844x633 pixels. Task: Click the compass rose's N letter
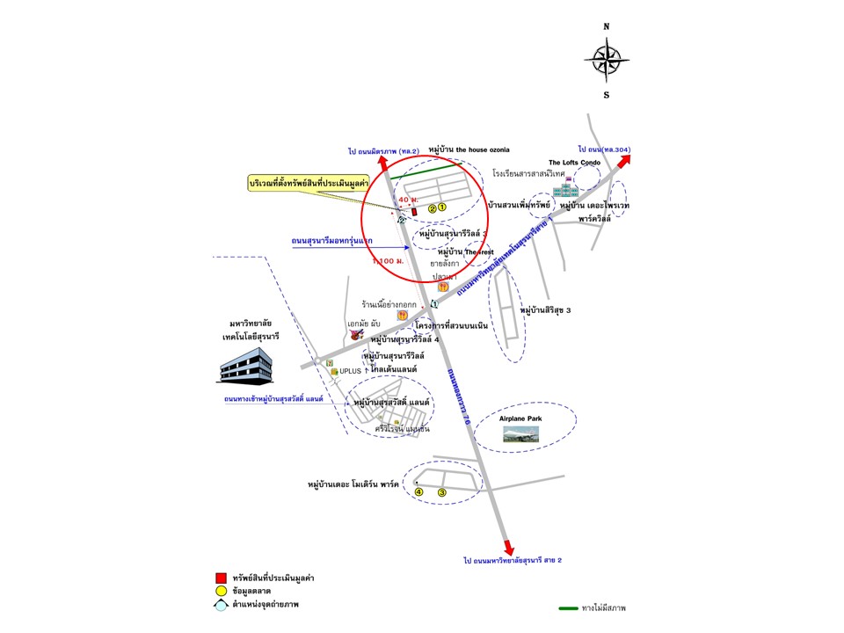pyautogui.click(x=606, y=27)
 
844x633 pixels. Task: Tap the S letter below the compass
pyautogui.click(x=606, y=94)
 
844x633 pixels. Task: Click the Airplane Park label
pyautogui.click(x=520, y=418)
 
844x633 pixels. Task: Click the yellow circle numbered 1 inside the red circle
pyautogui.click(x=442, y=208)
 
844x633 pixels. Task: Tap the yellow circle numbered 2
pyautogui.click(x=432, y=209)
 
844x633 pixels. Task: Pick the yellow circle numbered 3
pyautogui.click(x=442, y=493)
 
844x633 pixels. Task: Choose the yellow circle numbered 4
pyautogui.click(x=418, y=493)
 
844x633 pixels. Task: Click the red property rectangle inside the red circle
pyautogui.click(x=413, y=211)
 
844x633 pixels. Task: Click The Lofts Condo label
pyautogui.click(x=572, y=163)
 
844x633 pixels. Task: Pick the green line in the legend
pyautogui.click(x=576, y=608)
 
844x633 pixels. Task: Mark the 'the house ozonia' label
pyautogui.click(x=469, y=149)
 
